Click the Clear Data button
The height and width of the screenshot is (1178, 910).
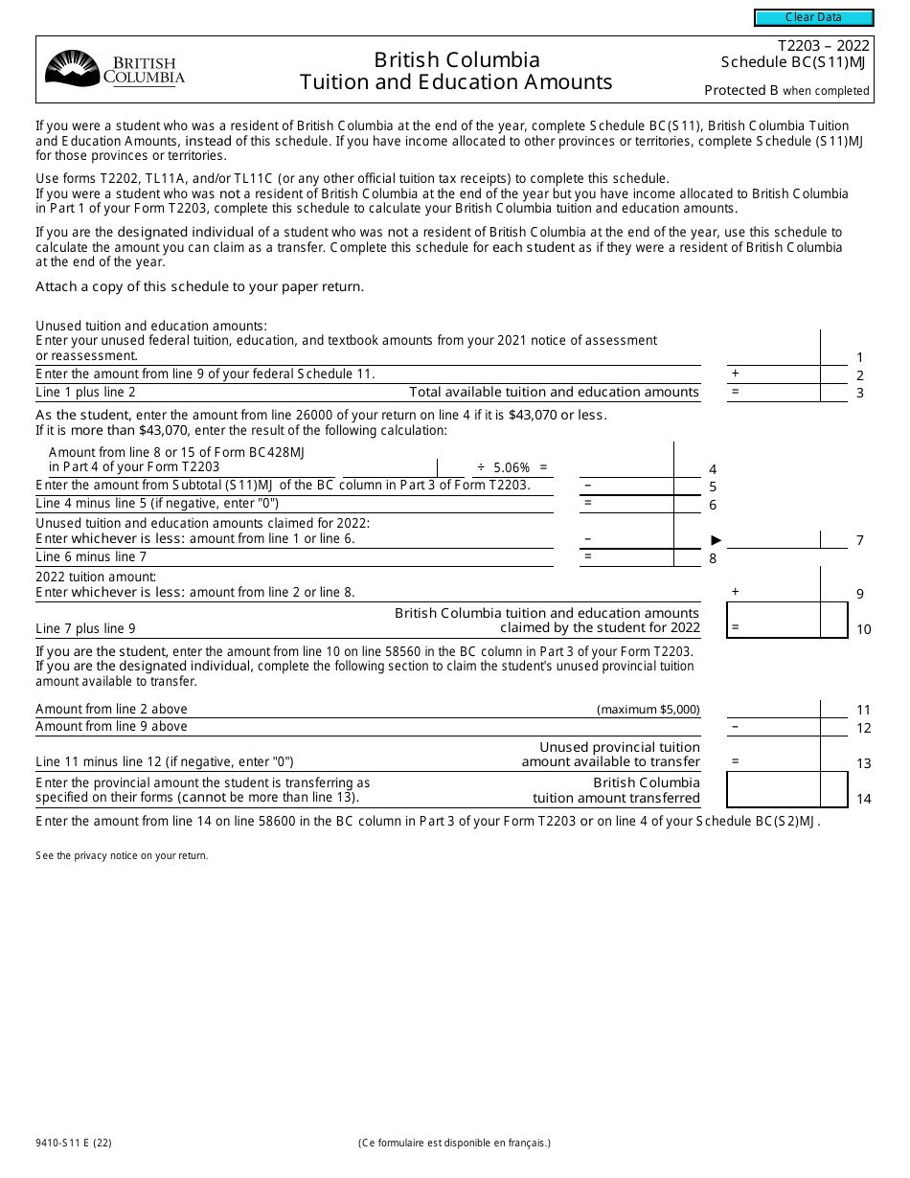pos(813,17)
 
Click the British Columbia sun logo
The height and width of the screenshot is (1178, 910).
pos(72,69)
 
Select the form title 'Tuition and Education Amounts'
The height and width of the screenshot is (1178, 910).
pos(456,82)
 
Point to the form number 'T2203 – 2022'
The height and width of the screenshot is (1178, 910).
pos(823,46)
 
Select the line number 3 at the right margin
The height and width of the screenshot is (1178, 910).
pos(859,393)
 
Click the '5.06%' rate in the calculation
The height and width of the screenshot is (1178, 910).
pos(512,467)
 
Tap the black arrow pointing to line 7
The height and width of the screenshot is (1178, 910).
pos(716,540)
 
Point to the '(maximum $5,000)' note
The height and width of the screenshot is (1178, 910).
pos(648,710)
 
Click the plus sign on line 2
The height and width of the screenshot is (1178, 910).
pos(735,374)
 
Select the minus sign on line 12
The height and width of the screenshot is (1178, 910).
pos(735,727)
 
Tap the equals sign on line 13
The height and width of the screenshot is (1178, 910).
pos(735,761)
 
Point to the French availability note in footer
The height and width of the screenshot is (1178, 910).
pos(454,1142)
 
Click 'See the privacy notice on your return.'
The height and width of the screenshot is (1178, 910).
pos(122,855)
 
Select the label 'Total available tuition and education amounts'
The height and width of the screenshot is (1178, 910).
pos(554,392)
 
